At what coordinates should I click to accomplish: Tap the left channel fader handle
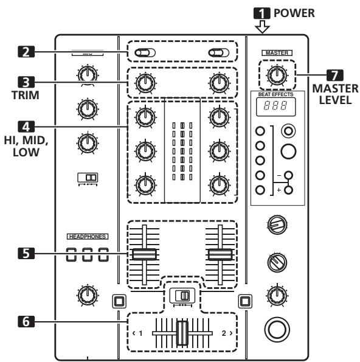[144, 254]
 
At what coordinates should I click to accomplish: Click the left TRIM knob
[144, 83]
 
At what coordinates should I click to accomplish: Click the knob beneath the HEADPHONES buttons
[89, 294]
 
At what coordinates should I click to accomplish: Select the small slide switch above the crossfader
[182, 296]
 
